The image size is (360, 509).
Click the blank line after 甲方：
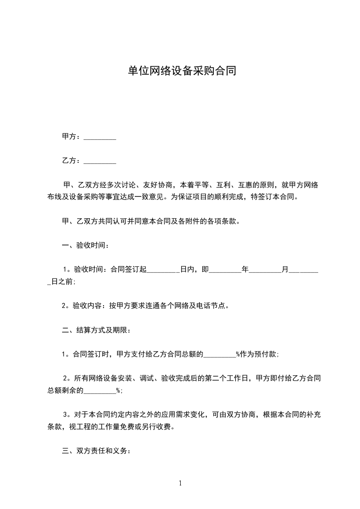(100, 137)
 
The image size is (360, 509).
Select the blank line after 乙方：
(100, 161)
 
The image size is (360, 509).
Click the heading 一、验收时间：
(85, 245)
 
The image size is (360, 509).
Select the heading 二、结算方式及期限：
(96, 330)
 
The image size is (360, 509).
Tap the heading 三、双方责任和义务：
(96, 451)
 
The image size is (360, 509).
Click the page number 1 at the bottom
(180, 484)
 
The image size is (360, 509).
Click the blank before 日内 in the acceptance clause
(164, 270)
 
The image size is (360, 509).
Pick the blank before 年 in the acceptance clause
(225, 270)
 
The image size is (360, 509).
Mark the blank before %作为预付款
(219, 355)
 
